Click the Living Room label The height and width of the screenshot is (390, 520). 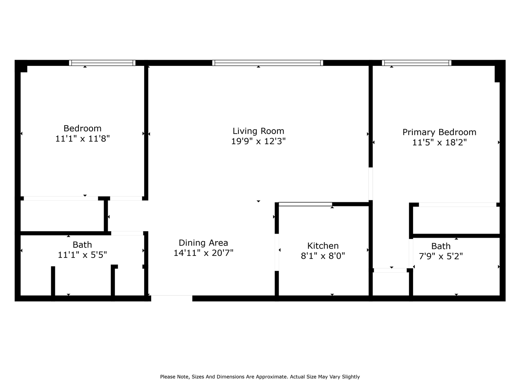click(258, 131)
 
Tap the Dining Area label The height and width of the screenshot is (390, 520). click(203, 243)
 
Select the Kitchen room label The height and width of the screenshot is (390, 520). click(323, 245)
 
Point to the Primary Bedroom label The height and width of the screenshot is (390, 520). click(439, 132)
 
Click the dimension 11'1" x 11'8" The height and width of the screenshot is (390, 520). click(82, 139)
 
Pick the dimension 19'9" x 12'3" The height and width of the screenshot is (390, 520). click(258, 141)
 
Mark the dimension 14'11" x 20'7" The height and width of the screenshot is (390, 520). click(203, 253)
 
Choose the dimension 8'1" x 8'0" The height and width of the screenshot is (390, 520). click(323, 256)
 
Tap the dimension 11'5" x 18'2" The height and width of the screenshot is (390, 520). click(439, 143)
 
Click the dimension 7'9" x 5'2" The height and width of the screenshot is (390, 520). click(441, 256)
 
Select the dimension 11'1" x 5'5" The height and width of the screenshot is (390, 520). click(82, 255)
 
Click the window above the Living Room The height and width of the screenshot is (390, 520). click(267, 63)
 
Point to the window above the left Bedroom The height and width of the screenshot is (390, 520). click(102, 63)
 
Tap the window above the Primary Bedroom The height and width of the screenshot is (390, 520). click(417, 63)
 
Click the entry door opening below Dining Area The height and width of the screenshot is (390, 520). click(171, 298)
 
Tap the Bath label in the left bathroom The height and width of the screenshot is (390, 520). click(82, 245)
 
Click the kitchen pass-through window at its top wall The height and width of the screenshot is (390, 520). click(305, 204)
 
